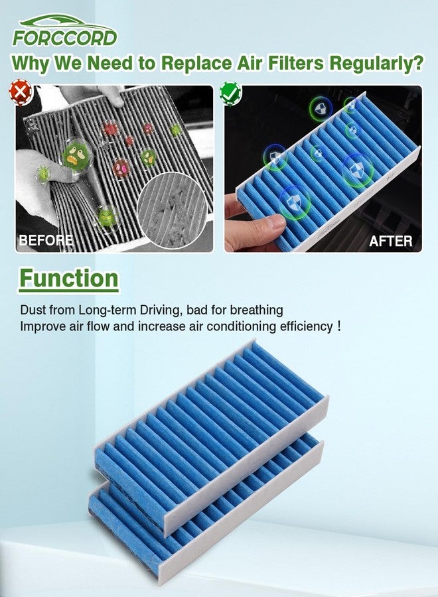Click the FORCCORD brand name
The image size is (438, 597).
pyautogui.click(x=65, y=38)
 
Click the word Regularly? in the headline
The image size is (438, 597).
pyautogui.click(x=376, y=63)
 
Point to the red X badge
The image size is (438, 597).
pyautogui.click(x=20, y=92)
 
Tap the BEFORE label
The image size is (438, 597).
pyautogui.click(x=46, y=240)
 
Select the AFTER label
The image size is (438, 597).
pyautogui.click(x=390, y=241)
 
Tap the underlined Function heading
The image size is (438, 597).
pyautogui.click(x=69, y=279)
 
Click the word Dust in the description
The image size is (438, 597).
pyautogui.click(x=33, y=310)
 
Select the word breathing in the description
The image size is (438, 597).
pyautogui.click(x=257, y=310)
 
